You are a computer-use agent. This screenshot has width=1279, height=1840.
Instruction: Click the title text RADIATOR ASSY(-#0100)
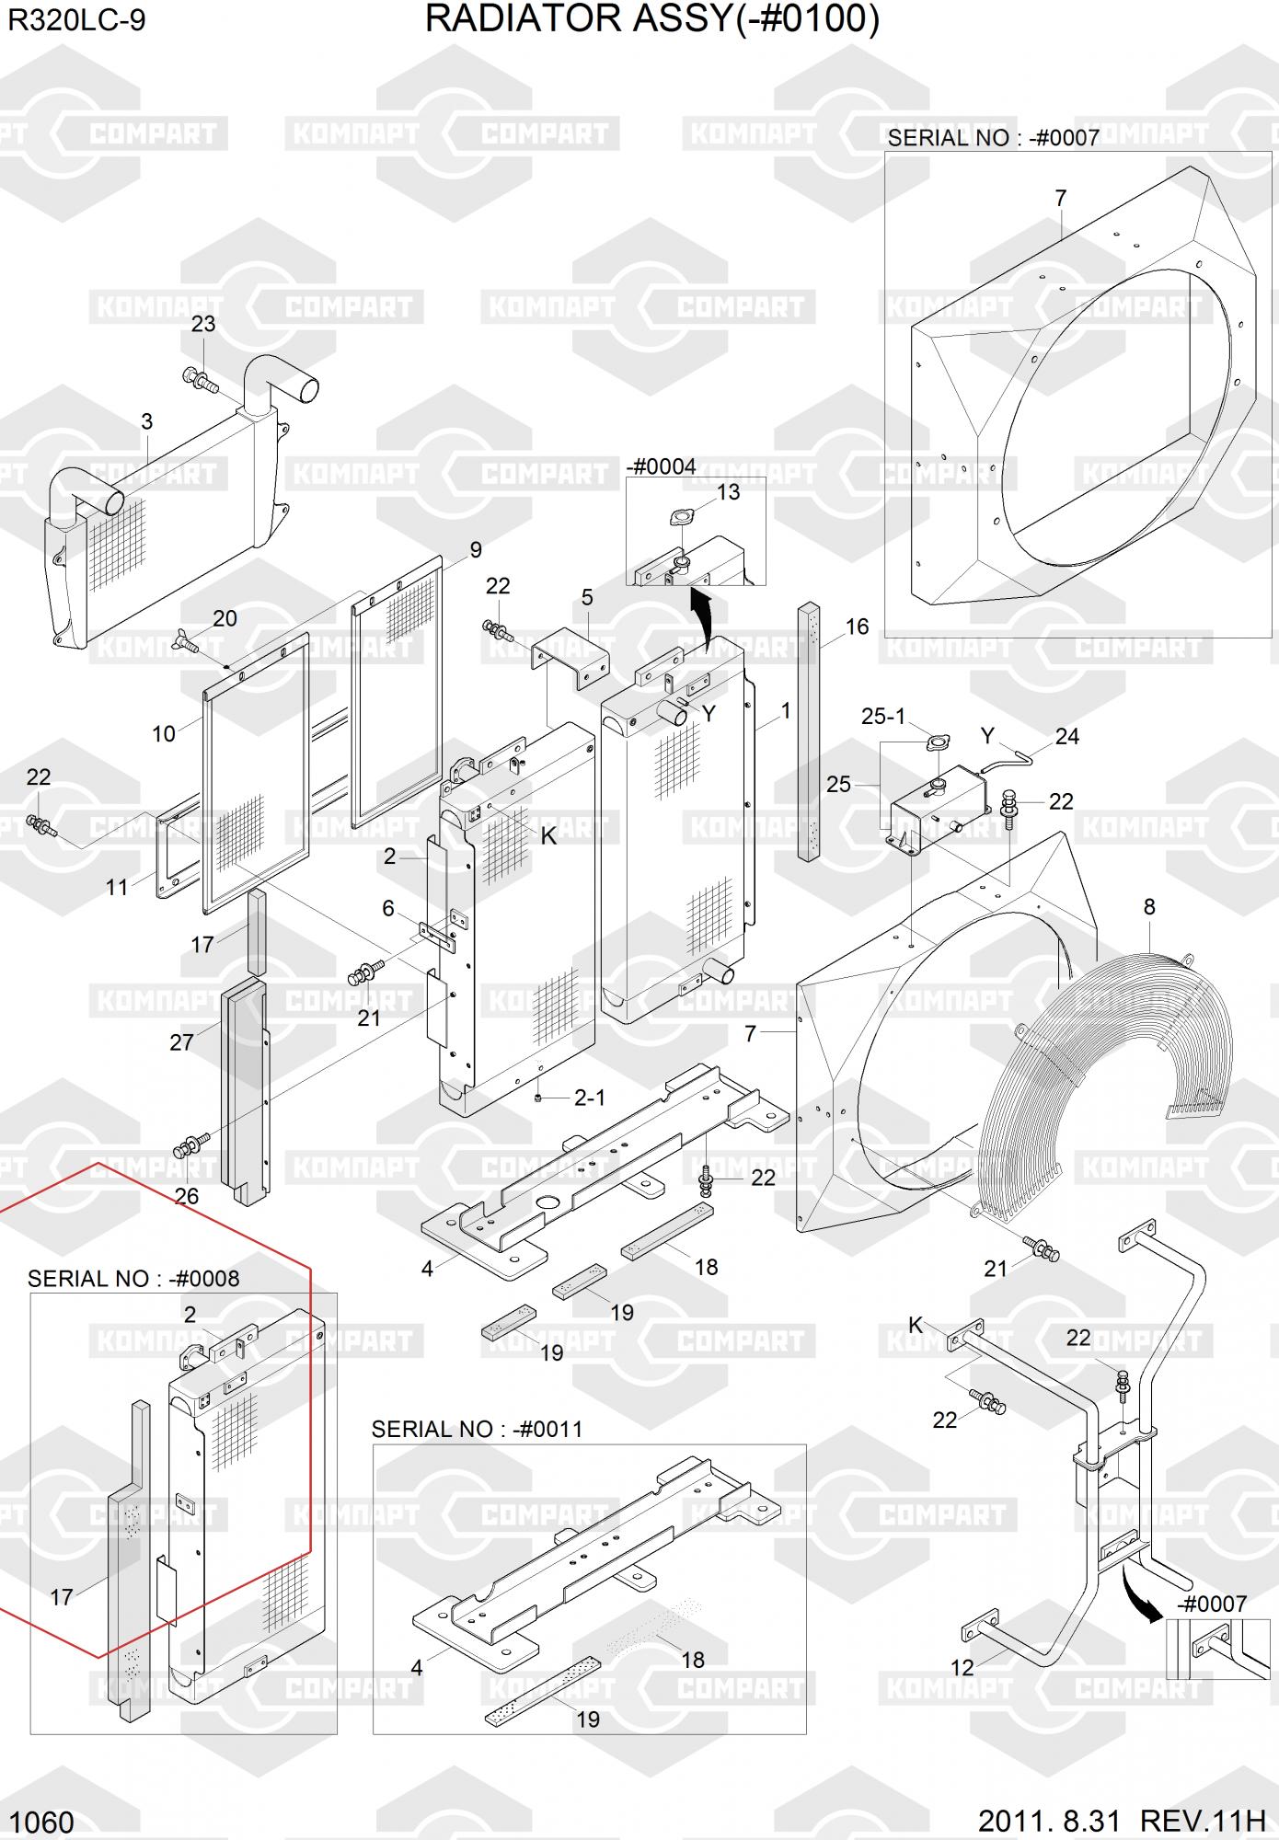[651, 19]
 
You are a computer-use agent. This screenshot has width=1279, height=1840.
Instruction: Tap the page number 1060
[40, 1822]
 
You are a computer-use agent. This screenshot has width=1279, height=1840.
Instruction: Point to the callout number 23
[203, 324]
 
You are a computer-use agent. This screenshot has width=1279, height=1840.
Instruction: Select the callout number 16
[857, 627]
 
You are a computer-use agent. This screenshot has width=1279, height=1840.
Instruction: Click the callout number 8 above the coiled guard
[1149, 907]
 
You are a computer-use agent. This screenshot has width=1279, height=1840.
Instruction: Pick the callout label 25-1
[883, 716]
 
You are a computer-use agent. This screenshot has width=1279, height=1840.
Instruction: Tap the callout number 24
[1067, 736]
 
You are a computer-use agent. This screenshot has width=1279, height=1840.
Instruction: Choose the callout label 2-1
[590, 1098]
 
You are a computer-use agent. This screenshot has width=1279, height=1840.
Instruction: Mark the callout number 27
[181, 1041]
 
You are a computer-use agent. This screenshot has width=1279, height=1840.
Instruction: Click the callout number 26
[186, 1196]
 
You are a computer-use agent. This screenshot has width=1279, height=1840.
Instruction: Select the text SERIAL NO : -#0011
[477, 1429]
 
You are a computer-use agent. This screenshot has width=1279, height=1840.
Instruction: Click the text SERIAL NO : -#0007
[994, 138]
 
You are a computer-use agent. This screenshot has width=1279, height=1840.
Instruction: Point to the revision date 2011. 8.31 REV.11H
[1122, 1821]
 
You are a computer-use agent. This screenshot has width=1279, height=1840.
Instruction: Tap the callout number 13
[728, 492]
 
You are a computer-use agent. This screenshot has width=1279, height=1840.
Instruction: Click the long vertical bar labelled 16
[809, 731]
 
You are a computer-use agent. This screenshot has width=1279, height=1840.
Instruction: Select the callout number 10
[164, 733]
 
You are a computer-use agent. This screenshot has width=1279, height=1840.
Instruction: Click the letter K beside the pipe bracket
[916, 1324]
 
